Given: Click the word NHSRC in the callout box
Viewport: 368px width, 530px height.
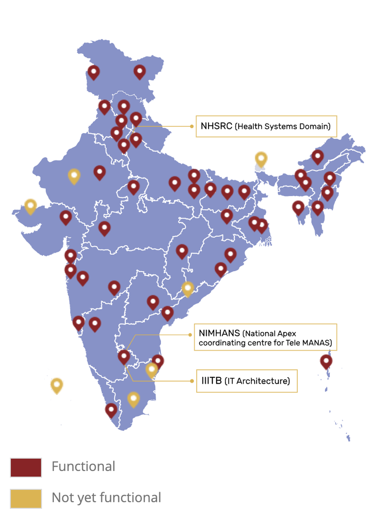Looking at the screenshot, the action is pos(216,126).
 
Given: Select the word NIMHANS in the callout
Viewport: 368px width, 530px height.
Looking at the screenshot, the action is pos(219,333).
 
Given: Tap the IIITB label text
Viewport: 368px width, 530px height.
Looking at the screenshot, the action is pos(211,381).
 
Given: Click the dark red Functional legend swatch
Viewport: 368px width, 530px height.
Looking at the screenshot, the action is pos(26,467).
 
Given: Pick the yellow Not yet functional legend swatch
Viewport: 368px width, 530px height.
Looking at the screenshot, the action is pos(26,499).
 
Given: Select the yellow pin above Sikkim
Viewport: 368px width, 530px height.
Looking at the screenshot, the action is pos(261,158).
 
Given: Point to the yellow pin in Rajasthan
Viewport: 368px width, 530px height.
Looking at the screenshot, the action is pos(74,176).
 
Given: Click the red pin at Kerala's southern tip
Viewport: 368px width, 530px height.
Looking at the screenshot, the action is pos(111,410).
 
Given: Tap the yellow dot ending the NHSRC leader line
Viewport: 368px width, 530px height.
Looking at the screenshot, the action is pos(192,126).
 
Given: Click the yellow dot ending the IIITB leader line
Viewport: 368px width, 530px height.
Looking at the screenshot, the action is pos(192,381).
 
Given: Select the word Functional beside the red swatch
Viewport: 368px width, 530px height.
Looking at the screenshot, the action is pos(83,466).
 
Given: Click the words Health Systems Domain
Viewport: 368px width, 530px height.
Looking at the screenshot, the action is pos(283,127).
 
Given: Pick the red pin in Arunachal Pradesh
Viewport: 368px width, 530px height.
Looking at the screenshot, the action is pos(317,156).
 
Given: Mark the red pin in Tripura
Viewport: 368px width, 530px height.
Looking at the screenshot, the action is pos(298,208).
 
